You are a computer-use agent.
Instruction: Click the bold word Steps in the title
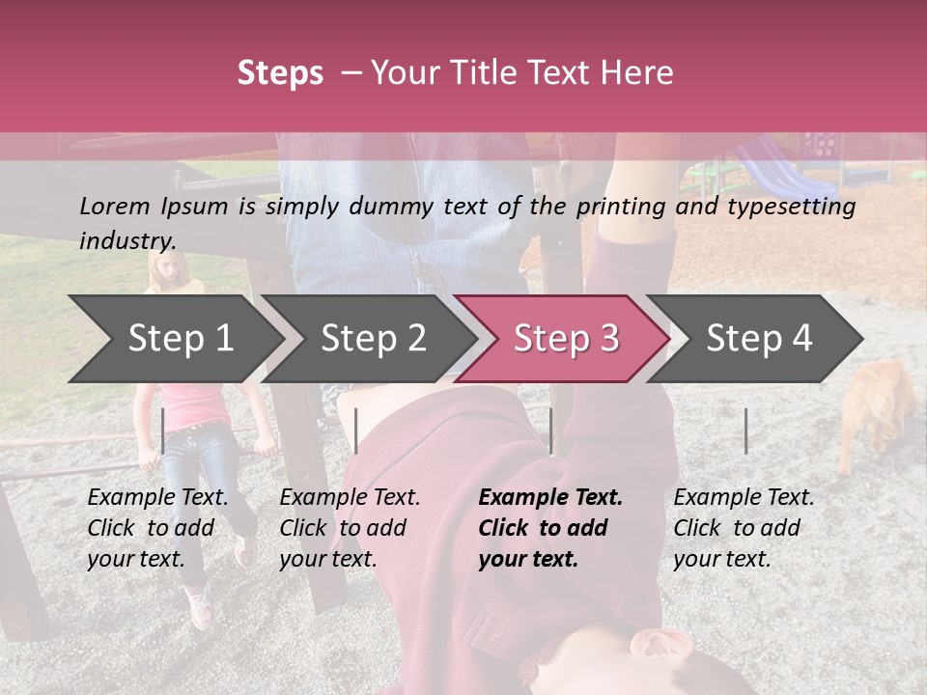[x=280, y=73]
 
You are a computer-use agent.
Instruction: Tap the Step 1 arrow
[x=180, y=338]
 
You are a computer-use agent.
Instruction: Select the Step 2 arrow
[x=373, y=338]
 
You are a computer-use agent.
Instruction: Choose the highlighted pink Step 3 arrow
[x=566, y=338]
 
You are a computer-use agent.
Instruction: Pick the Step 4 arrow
[x=759, y=338]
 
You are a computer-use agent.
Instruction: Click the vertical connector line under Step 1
[x=163, y=431]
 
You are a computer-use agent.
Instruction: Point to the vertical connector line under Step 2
[x=356, y=431]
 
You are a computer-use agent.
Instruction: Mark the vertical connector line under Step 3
[x=551, y=431]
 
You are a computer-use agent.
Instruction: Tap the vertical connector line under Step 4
[x=745, y=431]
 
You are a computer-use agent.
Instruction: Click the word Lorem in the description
[x=114, y=206]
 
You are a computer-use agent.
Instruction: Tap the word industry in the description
[x=126, y=241]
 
